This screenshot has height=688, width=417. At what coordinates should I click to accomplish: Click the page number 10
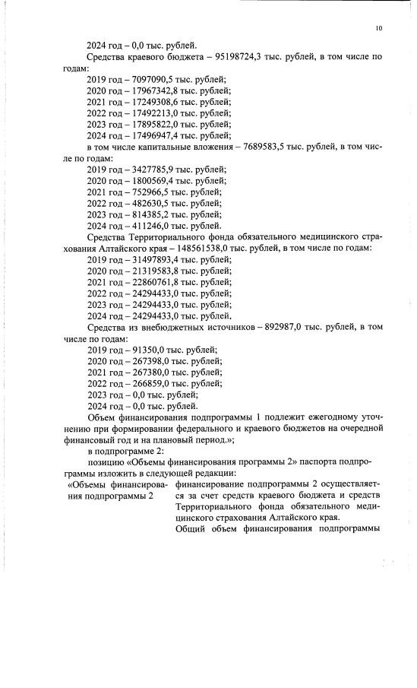click(379, 29)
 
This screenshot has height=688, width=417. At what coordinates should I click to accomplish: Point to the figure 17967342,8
click(153, 90)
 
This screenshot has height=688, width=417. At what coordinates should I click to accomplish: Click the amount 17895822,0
click(153, 124)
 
